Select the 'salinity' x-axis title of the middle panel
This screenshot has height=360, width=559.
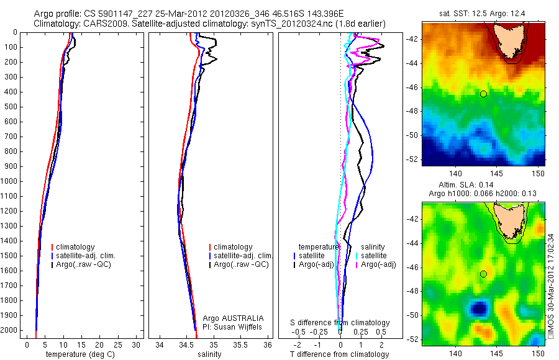point(209,354)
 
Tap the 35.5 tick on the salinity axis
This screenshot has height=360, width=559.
point(240,344)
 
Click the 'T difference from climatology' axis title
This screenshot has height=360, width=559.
point(340,354)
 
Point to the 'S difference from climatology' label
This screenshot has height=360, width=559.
point(340,323)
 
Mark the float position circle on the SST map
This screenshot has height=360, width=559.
point(483,94)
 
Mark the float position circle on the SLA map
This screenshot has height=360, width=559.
point(483,274)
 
